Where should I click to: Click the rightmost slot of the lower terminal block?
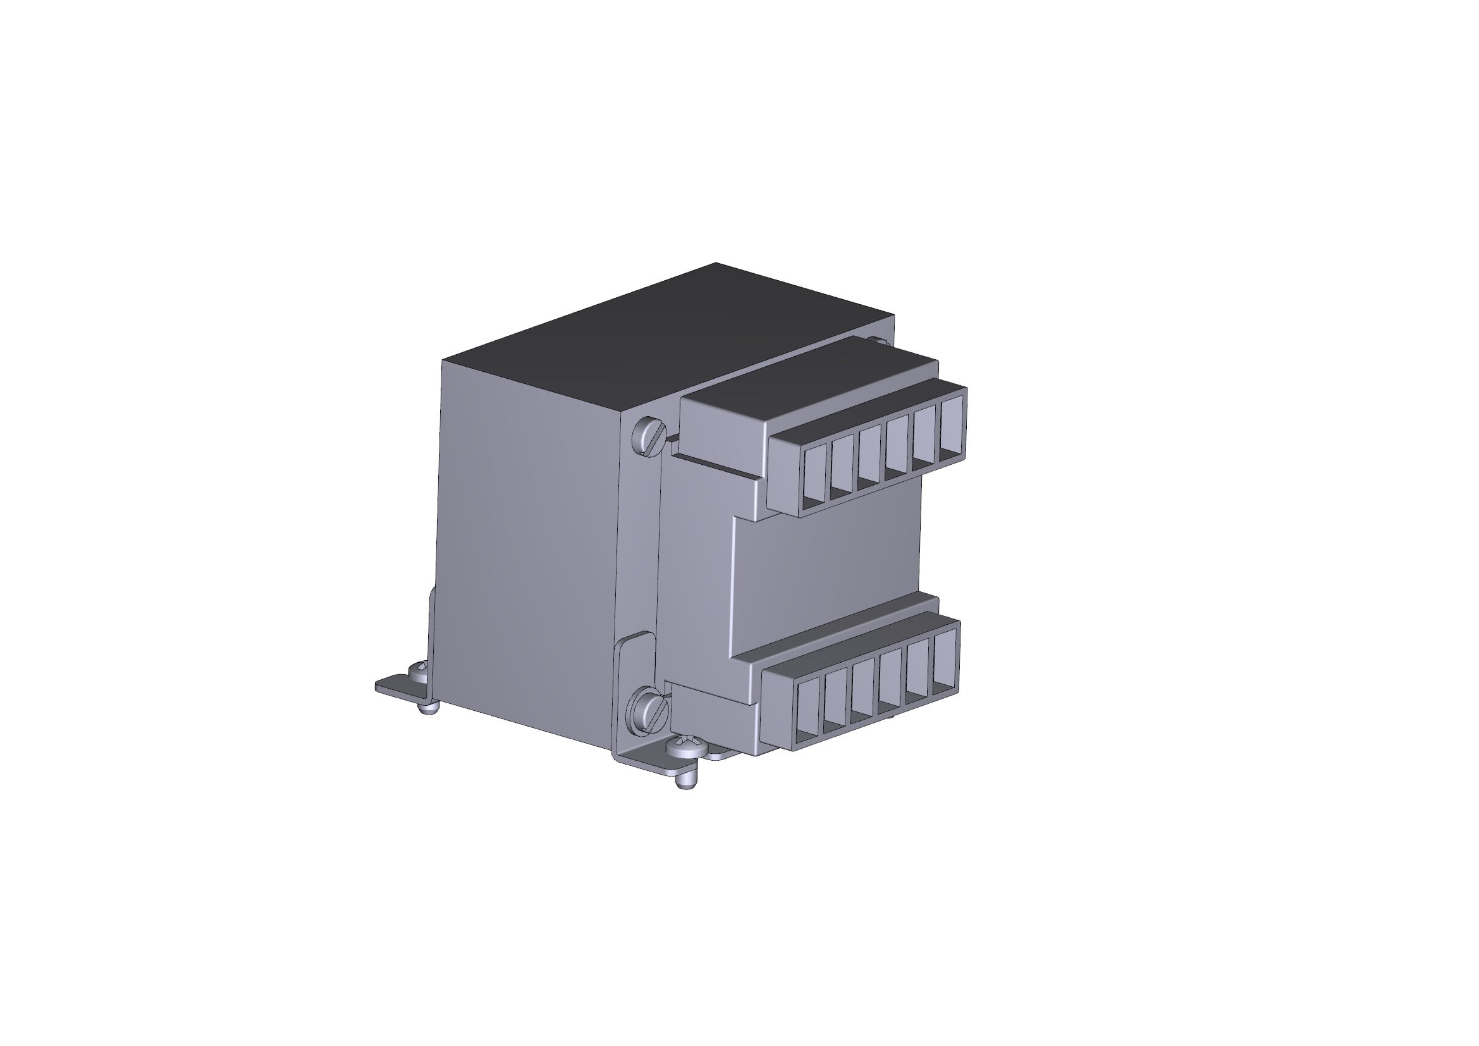point(945,660)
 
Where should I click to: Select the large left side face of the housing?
point(528,548)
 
